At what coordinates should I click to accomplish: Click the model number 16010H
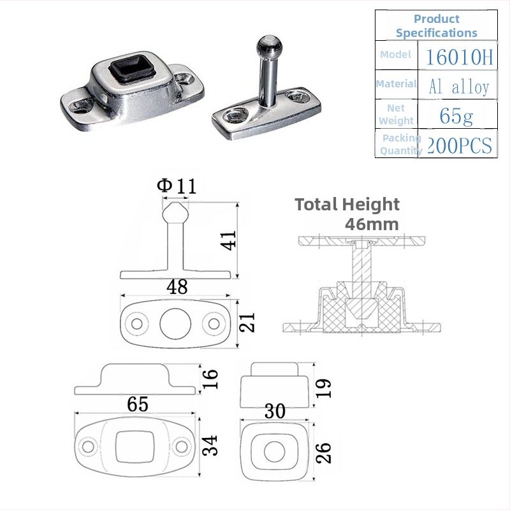pos(459,57)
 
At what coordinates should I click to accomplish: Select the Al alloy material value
pos(459,87)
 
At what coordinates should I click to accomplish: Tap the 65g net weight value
pos(456,116)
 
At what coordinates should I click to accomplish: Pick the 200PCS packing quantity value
pos(459,145)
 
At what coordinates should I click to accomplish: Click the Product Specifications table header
pos(437,25)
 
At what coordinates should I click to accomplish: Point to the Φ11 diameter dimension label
pos(177,186)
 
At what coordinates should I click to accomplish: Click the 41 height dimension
pos(228,240)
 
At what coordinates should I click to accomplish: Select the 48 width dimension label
pos(177,286)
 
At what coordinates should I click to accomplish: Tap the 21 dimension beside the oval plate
pos(247,323)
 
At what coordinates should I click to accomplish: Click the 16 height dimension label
pos(210,379)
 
